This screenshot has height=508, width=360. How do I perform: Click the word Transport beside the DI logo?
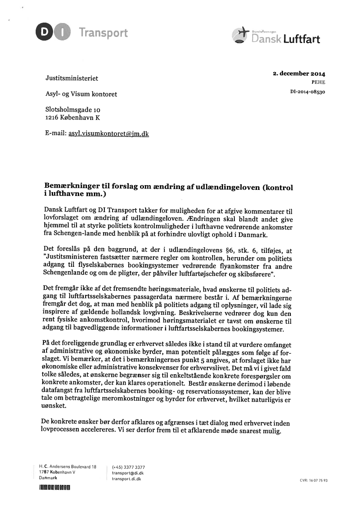click(103, 33)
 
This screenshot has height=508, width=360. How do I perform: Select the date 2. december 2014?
click(299, 74)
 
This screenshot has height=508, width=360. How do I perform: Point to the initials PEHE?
click(318, 82)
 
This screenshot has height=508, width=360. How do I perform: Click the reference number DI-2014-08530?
click(307, 92)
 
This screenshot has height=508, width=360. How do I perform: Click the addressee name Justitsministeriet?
click(72, 79)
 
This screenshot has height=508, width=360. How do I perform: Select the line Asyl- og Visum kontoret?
click(81, 94)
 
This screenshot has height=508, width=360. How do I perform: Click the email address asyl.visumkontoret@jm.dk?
click(109, 133)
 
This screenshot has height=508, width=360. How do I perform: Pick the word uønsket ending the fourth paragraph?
click(54, 405)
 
